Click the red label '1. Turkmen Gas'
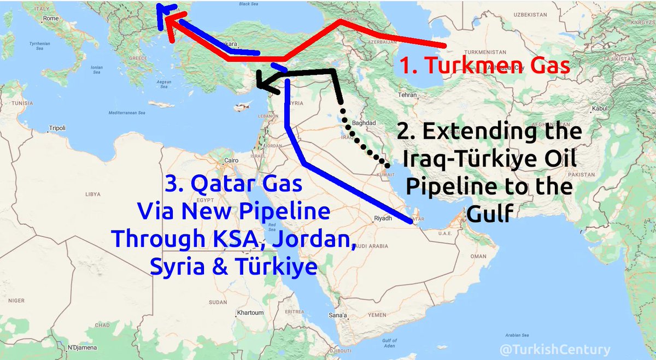[x=484, y=66]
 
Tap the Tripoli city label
[x=57, y=128]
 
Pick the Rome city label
[x=50, y=19]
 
